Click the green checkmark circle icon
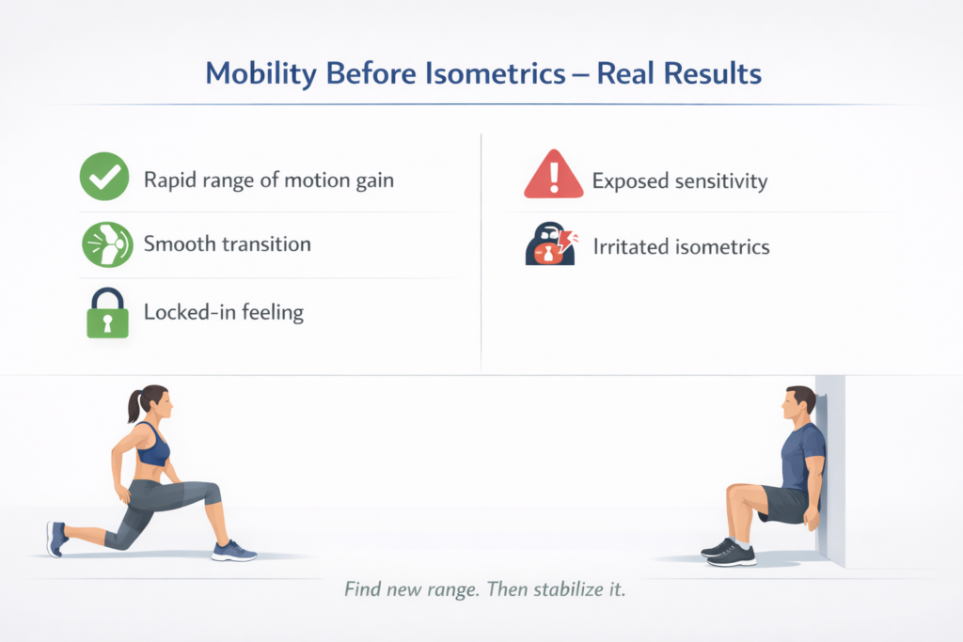pos(104,179)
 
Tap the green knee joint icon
pos(104,244)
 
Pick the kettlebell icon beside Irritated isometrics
pos(548,247)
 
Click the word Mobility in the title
pos(260,73)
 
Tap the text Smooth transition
pos(227,244)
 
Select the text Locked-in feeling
pos(223,312)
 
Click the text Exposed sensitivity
pos(680,180)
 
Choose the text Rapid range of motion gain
pos(268,180)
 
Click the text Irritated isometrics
pos(681,247)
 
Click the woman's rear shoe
pos(56,539)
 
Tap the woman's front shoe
pos(232,550)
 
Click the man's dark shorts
pos(785,504)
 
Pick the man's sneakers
pos(728,551)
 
